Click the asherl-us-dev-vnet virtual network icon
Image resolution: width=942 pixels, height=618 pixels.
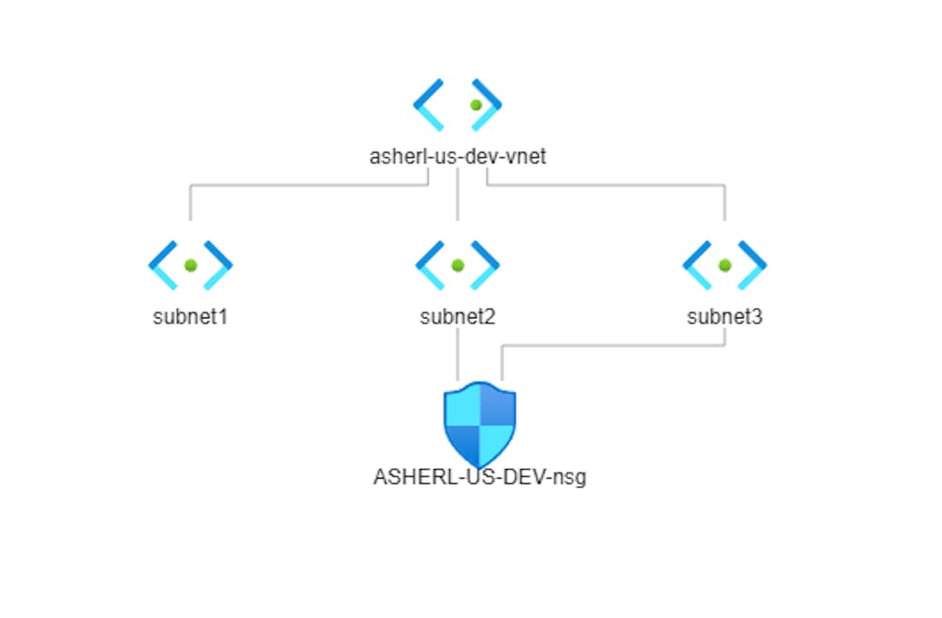457,105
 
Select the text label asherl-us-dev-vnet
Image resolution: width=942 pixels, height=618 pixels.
458,156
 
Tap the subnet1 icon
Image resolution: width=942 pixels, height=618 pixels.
190,266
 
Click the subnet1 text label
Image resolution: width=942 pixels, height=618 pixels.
190,317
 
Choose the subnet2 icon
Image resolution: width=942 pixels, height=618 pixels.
457,266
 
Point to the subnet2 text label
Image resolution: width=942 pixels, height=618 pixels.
458,317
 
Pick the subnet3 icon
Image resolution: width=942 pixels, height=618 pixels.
724,266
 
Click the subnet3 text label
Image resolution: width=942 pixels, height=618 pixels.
724,317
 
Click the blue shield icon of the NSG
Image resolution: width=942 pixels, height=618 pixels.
479,423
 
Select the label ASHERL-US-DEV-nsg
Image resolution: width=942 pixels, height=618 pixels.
479,477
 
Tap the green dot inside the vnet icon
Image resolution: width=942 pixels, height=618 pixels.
476,105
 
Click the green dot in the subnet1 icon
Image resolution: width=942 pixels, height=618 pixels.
190,266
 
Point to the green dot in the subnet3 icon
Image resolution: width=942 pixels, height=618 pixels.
724,266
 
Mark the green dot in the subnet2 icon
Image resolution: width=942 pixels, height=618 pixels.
457,266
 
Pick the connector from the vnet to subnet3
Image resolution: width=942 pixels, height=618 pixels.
612,186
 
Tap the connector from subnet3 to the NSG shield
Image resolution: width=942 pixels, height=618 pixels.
612,345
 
